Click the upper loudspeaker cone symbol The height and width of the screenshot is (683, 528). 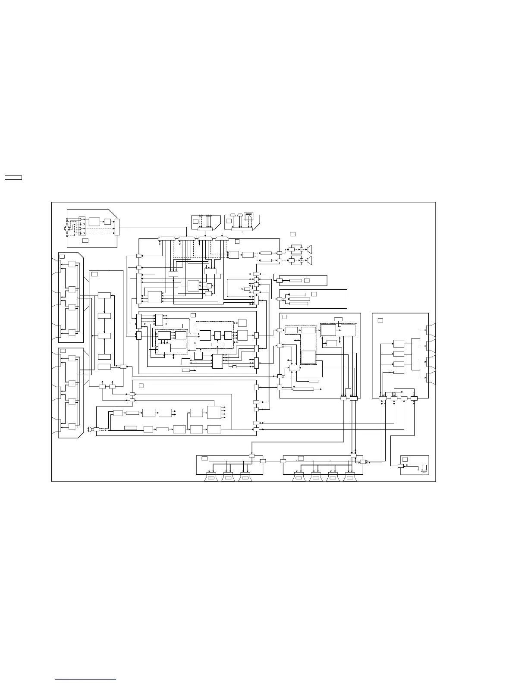(309, 249)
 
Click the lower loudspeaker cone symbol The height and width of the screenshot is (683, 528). (309, 261)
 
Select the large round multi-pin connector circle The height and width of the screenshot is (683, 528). (67, 229)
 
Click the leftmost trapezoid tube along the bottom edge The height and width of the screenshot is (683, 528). (211, 478)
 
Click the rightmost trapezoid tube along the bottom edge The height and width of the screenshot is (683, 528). (350, 478)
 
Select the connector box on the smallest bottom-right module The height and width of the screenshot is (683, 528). (400, 466)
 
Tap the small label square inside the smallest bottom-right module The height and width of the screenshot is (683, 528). (405, 459)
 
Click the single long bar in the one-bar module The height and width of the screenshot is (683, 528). (295, 281)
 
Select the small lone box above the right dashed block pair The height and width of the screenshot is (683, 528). (339, 319)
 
